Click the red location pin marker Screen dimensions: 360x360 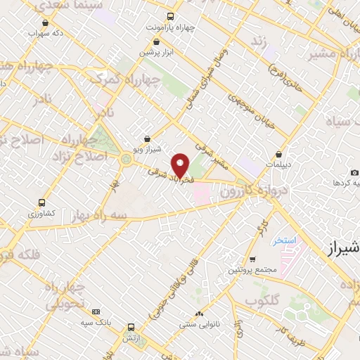click(181, 165)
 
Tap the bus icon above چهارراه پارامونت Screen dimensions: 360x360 click(169, 16)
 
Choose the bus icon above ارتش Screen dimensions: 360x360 click(131, 328)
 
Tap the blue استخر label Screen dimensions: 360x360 click(285, 241)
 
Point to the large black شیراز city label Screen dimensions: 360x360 click(345, 249)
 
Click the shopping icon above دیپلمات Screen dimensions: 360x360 click(280, 154)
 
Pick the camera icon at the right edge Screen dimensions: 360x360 click(354, 172)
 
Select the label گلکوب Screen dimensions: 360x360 click(263, 300)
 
